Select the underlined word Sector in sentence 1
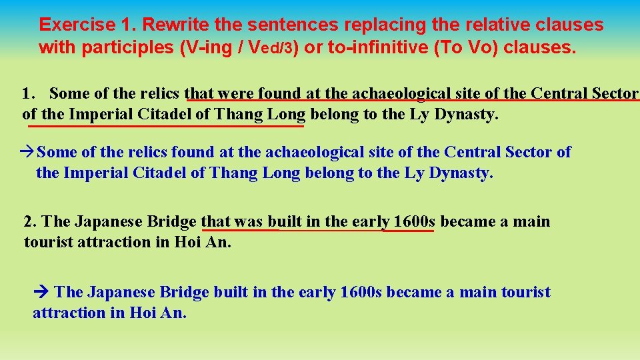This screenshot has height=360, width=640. tap(614, 93)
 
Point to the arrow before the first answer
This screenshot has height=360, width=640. tap(29, 153)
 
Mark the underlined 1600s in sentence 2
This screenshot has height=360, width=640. tap(414, 221)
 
